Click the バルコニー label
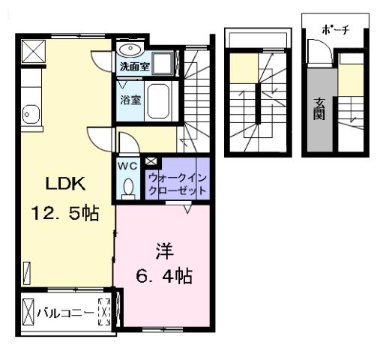(65, 310)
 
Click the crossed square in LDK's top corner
(34, 50)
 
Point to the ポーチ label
(334, 31)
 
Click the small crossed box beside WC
(151, 160)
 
